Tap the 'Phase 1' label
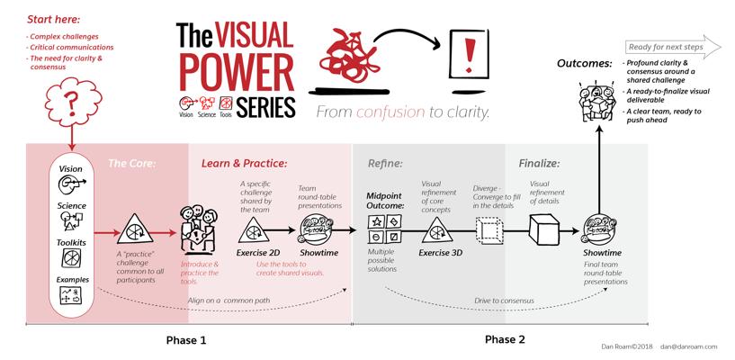(x=186, y=340)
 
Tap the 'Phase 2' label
(x=505, y=340)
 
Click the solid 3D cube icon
(x=545, y=229)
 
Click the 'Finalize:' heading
(x=540, y=164)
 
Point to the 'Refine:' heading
(x=385, y=164)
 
